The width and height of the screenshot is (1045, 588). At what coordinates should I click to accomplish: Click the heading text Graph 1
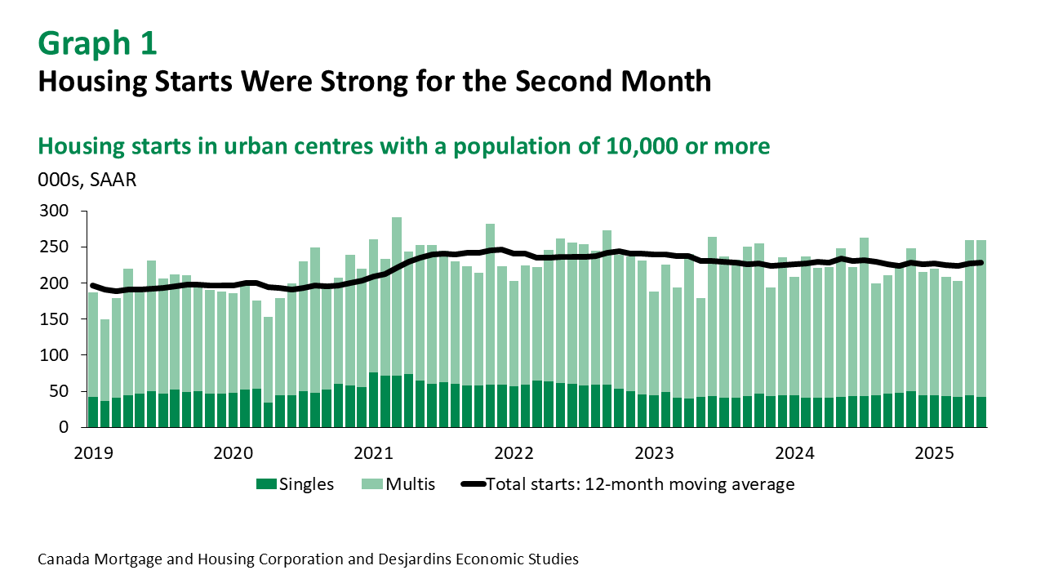point(97,43)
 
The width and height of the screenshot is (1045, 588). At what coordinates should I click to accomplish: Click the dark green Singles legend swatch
point(266,484)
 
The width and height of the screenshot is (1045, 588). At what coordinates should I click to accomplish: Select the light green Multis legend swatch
point(372,484)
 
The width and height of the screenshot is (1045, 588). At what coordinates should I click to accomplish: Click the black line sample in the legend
point(473,484)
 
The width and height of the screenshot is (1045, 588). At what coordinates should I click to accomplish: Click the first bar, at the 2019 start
point(93,359)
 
